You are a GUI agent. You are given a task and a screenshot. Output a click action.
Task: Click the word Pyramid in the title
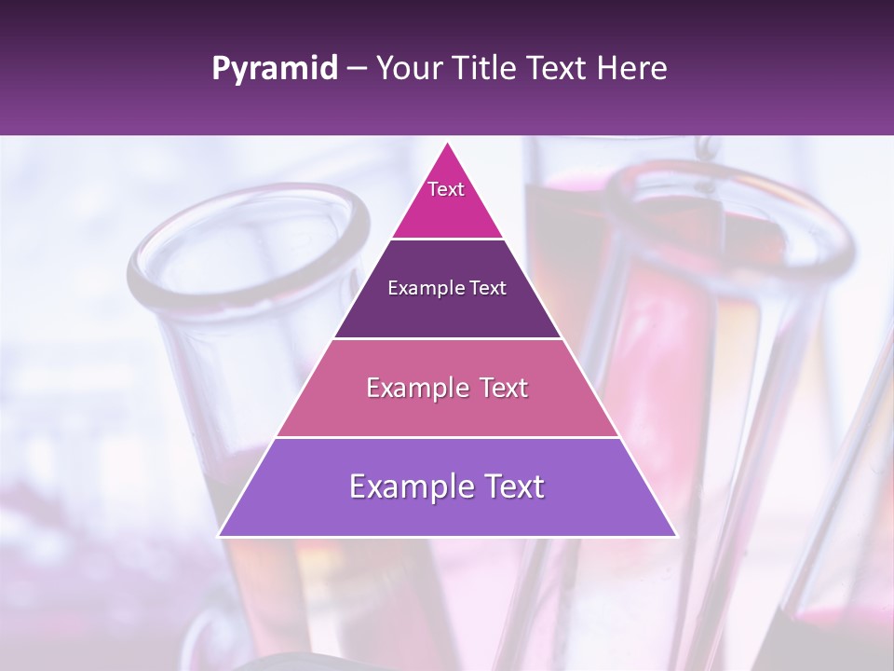tap(275, 69)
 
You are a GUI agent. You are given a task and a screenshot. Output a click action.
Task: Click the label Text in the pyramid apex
tap(446, 189)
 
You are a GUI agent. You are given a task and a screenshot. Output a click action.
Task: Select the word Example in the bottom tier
tap(407, 486)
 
